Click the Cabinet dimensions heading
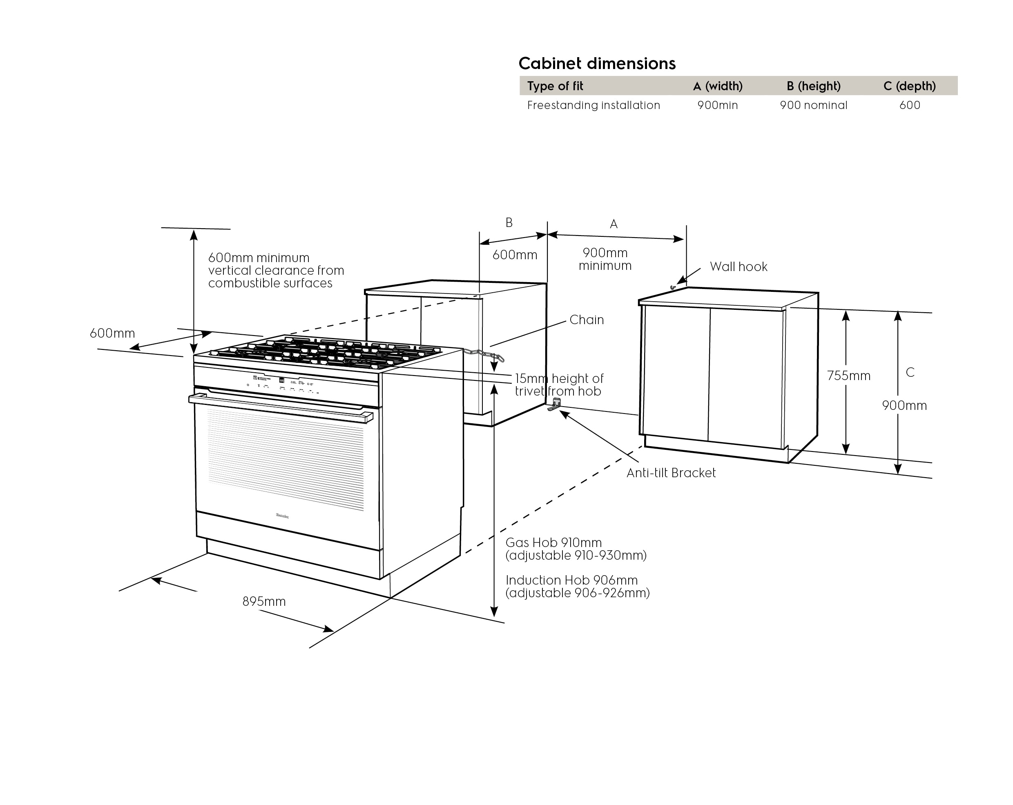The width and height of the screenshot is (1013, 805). tap(597, 63)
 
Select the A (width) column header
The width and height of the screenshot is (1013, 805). tap(717, 86)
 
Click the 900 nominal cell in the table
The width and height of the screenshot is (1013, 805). tap(813, 105)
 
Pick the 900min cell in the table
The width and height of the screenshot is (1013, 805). tap(717, 105)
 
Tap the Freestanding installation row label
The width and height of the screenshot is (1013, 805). tap(594, 105)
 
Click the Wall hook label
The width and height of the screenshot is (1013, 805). tap(738, 267)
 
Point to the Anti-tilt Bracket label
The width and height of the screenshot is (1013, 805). tap(671, 473)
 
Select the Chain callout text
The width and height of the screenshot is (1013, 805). tap(587, 320)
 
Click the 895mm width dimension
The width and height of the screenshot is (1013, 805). tap(264, 602)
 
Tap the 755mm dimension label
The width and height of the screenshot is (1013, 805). tap(848, 376)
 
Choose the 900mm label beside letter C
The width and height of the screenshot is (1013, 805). tap(904, 406)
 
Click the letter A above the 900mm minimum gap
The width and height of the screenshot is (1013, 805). tap(614, 225)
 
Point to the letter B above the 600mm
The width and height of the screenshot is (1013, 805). tap(509, 222)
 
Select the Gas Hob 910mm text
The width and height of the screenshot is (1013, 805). tap(553, 543)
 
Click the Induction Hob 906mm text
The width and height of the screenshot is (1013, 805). tap(571, 580)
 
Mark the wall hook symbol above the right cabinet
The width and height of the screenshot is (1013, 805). tap(673, 287)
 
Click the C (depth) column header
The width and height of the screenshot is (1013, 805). tap(909, 86)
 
